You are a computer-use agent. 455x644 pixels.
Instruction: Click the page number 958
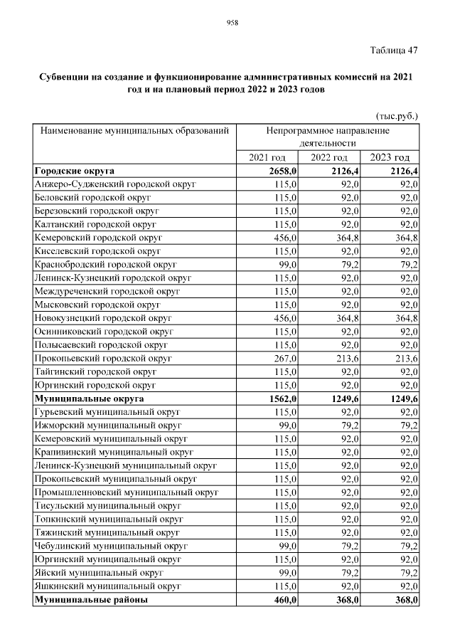[232, 23]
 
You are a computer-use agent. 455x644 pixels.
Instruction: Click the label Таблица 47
[394, 50]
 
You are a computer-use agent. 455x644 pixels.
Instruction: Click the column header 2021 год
[267, 158]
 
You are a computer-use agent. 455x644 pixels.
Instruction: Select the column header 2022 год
[328, 158]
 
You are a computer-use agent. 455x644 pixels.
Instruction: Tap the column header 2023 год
[390, 158]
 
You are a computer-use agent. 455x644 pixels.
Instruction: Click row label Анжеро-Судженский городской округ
[115, 184]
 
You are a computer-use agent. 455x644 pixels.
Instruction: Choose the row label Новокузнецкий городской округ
[103, 317]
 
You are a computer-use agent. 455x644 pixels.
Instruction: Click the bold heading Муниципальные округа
[89, 399]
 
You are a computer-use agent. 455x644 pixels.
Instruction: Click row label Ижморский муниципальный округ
[107, 425]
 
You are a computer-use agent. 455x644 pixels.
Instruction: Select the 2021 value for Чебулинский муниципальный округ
[286, 547]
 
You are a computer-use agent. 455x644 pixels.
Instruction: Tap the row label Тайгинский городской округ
[95, 371]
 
